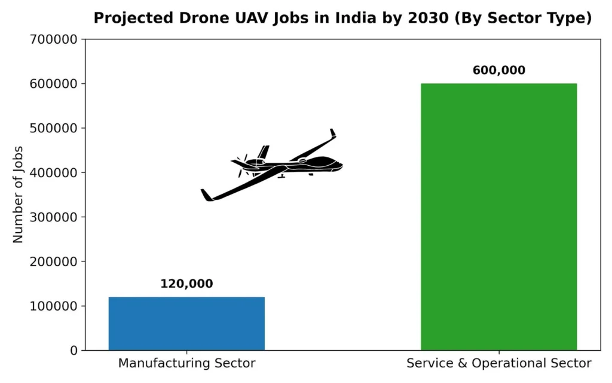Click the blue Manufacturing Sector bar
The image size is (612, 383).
(x=186, y=324)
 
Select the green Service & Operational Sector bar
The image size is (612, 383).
(x=499, y=217)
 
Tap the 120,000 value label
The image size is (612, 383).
(x=186, y=284)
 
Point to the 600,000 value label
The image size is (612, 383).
(x=499, y=71)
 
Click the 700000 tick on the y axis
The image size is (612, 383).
(x=53, y=39)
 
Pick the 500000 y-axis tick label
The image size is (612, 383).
(x=53, y=128)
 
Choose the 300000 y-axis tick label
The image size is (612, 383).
(x=53, y=217)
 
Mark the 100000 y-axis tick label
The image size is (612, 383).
(x=53, y=306)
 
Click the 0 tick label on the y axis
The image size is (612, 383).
(x=74, y=351)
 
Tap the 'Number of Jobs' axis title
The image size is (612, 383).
(x=18, y=194)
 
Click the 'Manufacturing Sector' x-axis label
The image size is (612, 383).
(x=186, y=363)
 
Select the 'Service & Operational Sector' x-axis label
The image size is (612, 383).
(x=499, y=363)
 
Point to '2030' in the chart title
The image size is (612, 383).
(x=429, y=18)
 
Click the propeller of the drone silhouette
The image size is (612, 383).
(x=242, y=165)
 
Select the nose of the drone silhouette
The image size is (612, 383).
(x=340, y=165)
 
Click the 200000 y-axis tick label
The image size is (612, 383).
(x=53, y=262)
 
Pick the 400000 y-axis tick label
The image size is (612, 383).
(x=53, y=173)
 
